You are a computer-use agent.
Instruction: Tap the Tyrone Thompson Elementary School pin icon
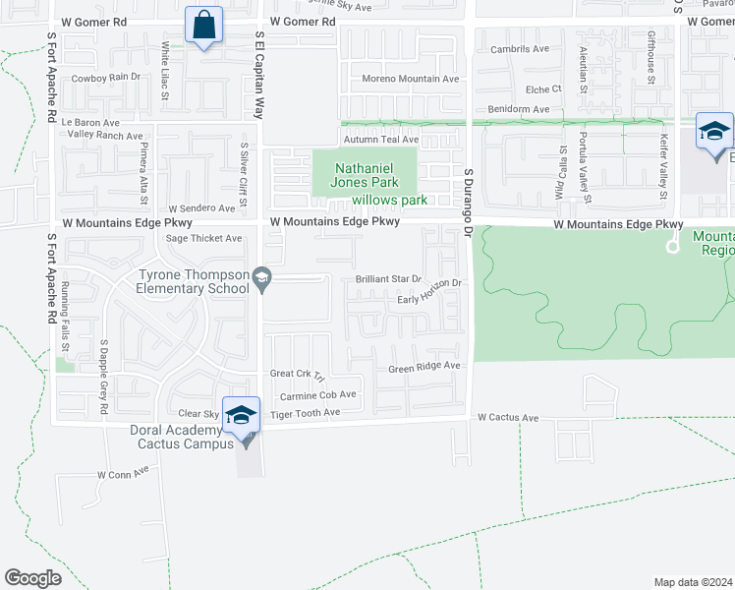[x=261, y=280]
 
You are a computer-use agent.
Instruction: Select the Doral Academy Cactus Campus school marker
[x=241, y=416]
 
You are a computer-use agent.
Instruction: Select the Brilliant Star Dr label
[x=388, y=279]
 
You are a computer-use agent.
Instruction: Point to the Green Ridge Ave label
[x=424, y=367]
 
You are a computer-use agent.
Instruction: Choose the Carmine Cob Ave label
[x=318, y=394]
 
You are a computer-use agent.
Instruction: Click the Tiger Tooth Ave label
[x=305, y=413]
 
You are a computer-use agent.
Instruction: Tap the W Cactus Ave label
[x=508, y=418]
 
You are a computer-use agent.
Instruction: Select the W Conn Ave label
[x=122, y=473]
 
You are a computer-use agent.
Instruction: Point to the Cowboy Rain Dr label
[x=106, y=77]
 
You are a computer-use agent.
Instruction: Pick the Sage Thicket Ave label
[x=203, y=238]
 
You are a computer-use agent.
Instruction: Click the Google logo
[x=32, y=577]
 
